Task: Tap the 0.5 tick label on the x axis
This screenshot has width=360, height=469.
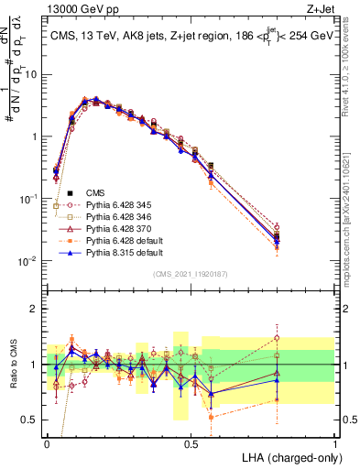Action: (191, 442)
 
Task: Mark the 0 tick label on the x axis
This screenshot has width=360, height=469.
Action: (48, 442)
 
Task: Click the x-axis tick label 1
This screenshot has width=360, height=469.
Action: (335, 442)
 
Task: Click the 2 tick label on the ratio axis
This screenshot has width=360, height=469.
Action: (36, 309)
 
